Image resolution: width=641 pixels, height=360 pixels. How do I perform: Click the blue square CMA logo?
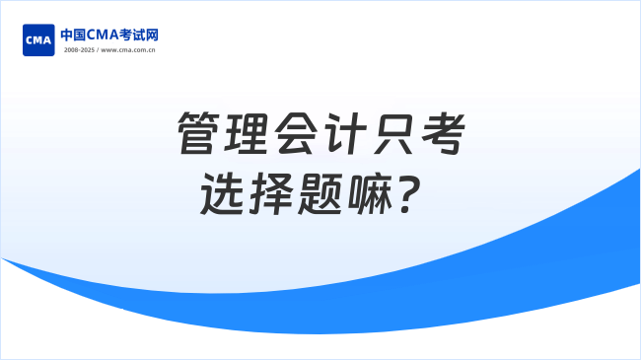[x=37, y=40]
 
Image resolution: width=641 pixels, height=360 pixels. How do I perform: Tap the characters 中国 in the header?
[x=74, y=35]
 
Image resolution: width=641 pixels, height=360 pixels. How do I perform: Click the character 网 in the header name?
[x=152, y=35]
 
